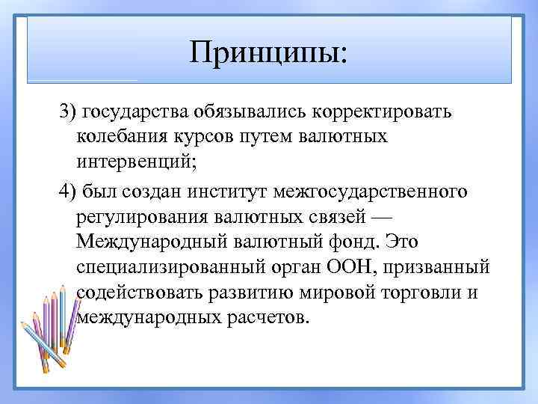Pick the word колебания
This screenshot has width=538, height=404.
(119, 137)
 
